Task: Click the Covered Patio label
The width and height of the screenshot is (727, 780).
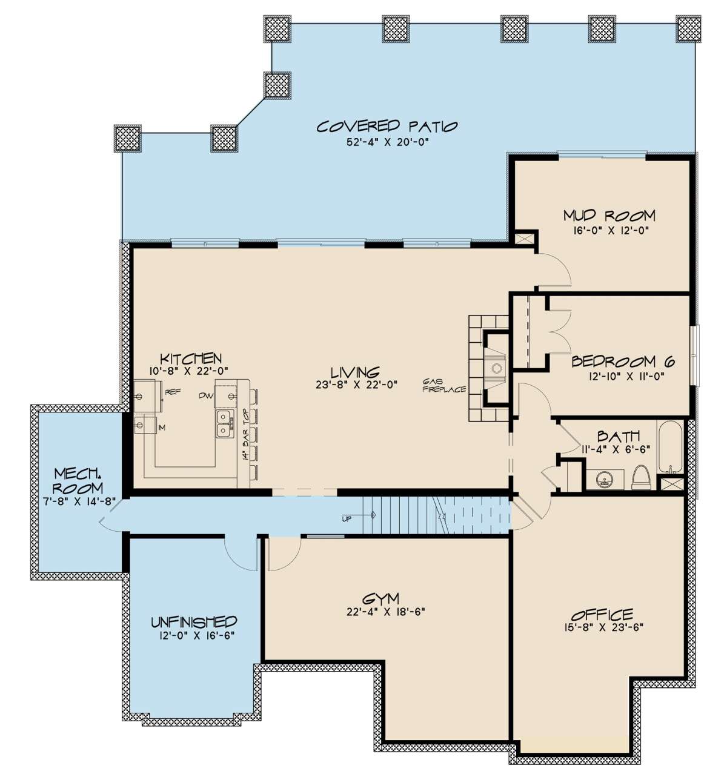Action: click(x=387, y=127)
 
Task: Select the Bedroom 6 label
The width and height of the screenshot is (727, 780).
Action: click(x=623, y=360)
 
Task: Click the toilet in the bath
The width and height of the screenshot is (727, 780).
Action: click(x=642, y=477)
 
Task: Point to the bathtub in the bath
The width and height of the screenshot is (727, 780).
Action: click(x=671, y=447)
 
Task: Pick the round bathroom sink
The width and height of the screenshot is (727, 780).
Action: click(x=604, y=480)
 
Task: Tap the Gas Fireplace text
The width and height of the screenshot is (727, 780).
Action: click(x=444, y=385)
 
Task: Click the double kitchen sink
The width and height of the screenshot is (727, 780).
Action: click(x=224, y=424)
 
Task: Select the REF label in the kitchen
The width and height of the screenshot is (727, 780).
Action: click(x=173, y=392)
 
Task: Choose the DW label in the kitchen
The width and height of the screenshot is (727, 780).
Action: click(x=205, y=395)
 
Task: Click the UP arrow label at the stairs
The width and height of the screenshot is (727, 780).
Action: click(x=346, y=519)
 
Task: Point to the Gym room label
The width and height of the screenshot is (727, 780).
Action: click(x=380, y=598)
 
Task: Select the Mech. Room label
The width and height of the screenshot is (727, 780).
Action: click(x=78, y=480)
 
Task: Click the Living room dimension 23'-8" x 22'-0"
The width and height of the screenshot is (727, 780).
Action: click(x=357, y=385)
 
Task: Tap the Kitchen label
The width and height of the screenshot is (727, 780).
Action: click(x=191, y=358)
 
